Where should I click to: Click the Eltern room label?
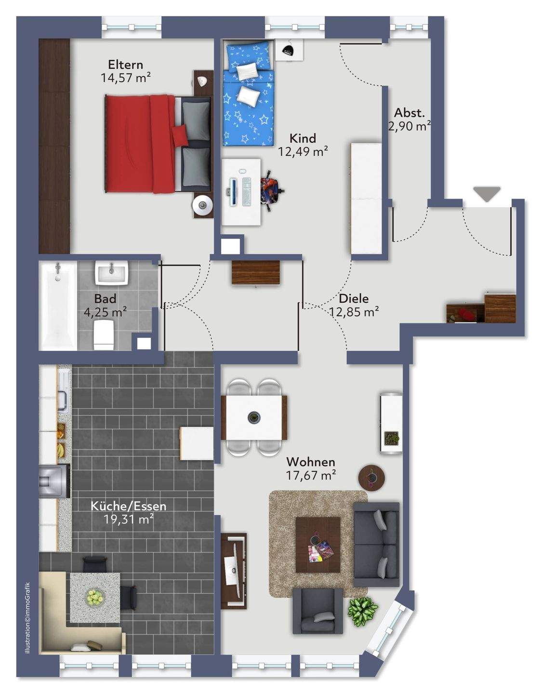coord(125,65)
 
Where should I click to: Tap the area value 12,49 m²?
coord(303,151)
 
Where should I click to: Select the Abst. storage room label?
coord(409,113)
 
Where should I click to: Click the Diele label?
coord(354,299)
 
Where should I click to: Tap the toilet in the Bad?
coord(104,335)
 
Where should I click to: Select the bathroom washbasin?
coord(111,273)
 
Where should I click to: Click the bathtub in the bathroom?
coord(58,306)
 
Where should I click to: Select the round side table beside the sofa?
coord(371,477)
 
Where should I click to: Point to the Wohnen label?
coord(311,462)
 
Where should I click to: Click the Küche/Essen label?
coord(128,506)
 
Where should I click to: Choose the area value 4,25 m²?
coord(105,312)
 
